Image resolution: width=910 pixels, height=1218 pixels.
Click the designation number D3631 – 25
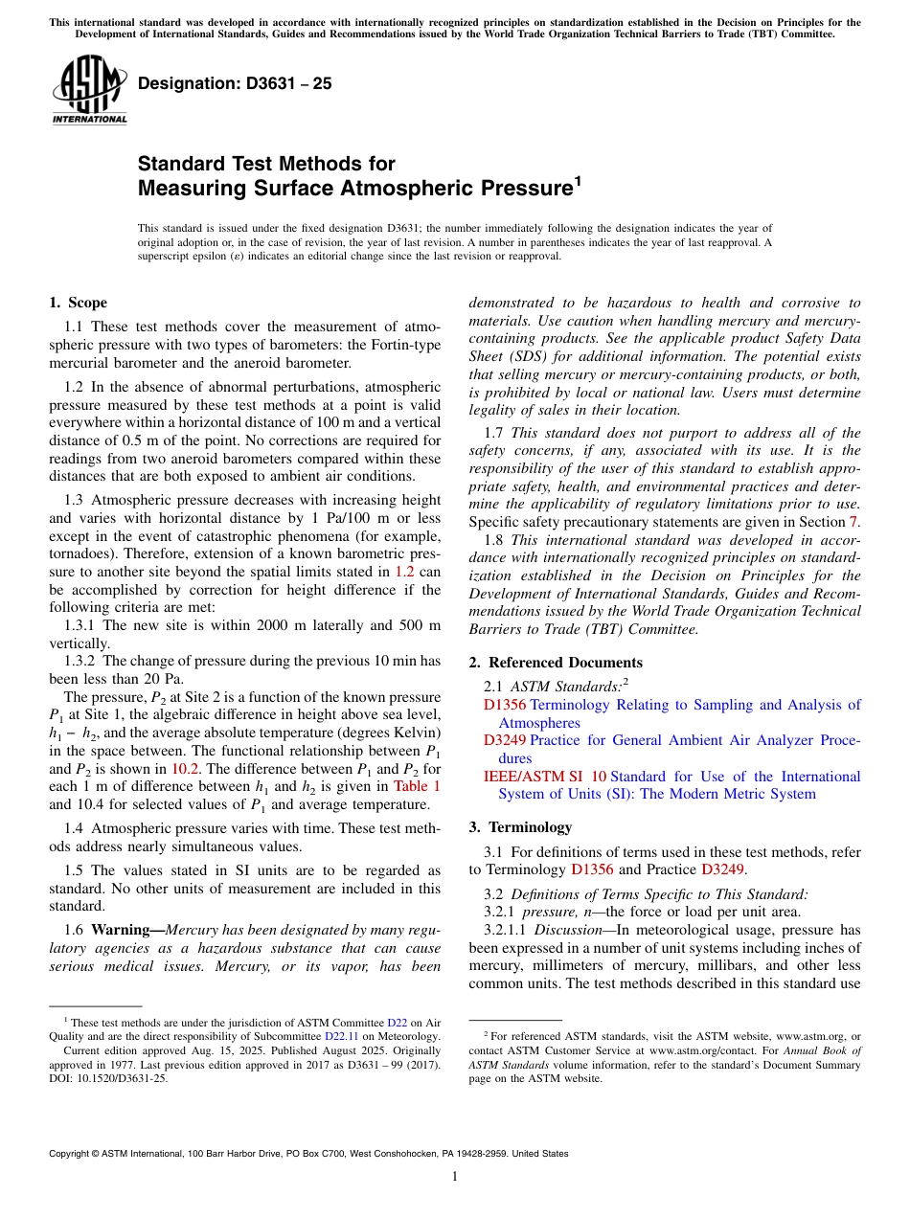[235, 83]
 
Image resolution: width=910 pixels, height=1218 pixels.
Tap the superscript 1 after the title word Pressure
[577, 179]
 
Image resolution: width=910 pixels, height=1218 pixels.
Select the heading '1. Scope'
[78, 303]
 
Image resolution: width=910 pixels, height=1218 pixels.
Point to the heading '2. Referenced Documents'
[556, 663]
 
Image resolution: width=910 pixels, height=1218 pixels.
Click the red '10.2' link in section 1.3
[185, 769]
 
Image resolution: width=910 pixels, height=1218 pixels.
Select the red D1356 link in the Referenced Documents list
[505, 705]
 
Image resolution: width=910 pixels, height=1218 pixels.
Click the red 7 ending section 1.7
[853, 522]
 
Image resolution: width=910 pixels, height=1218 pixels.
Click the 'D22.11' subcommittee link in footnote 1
[340, 1036]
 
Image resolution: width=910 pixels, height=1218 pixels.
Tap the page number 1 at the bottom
[455, 1177]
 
